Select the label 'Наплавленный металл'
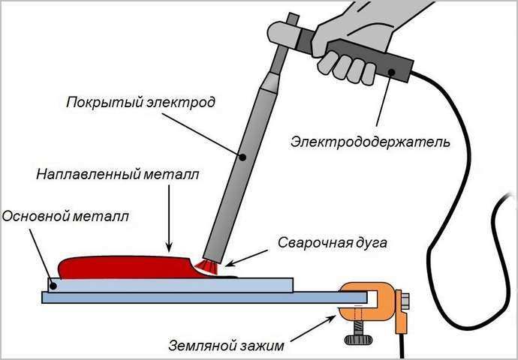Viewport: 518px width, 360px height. pos(118,175)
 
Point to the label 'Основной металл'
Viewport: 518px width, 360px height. pos(65,217)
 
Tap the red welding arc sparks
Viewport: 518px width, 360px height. pos(205,264)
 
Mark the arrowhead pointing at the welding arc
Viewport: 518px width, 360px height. pos(227,264)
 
